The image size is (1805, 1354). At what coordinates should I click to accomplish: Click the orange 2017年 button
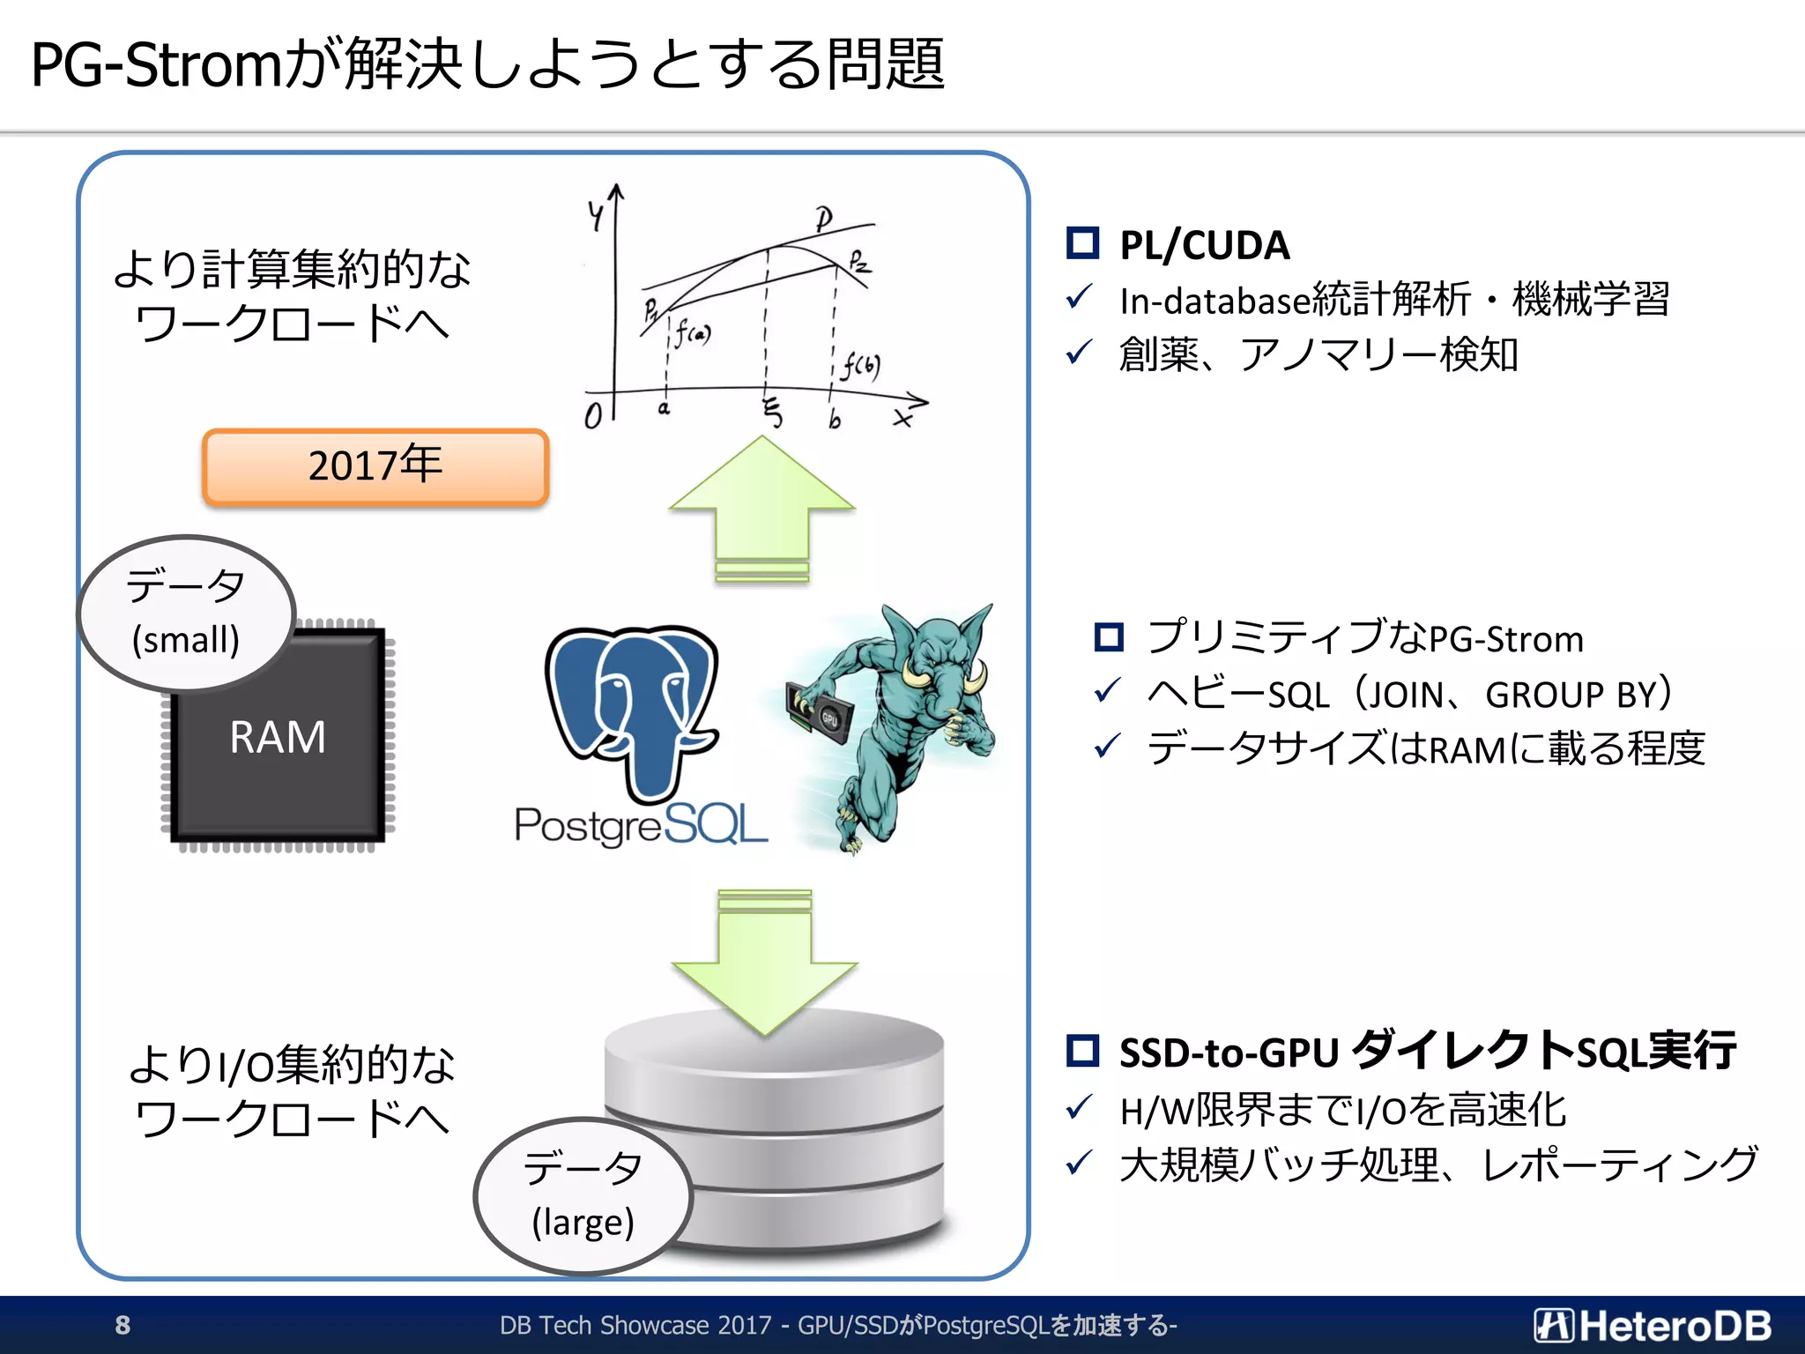click(375, 466)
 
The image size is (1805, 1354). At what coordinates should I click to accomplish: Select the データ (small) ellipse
click(185, 613)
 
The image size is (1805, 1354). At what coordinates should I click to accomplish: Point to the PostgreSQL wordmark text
click(641, 826)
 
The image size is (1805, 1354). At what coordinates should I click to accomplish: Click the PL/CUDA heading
click(1204, 245)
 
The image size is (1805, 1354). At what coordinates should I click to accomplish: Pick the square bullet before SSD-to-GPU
click(1082, 1050)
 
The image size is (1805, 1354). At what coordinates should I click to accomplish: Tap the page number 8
click(123, 1325)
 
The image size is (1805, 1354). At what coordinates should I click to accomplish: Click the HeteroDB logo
click(1653, 1325)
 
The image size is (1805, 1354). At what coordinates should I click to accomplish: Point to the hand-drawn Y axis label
click(597, 214)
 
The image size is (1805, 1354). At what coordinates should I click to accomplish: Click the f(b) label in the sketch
click(860, 365)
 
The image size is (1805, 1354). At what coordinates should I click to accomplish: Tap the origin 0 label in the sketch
click(593, 416)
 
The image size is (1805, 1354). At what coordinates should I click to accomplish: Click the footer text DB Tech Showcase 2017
click(635, 1325)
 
